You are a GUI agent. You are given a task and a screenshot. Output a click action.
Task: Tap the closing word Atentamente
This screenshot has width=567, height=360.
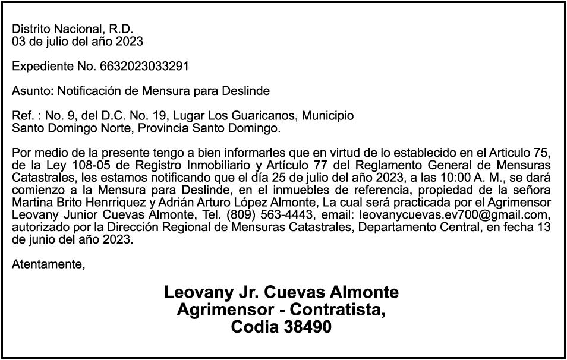48,264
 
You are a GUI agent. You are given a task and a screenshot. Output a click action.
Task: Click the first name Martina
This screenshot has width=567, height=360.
32,203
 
